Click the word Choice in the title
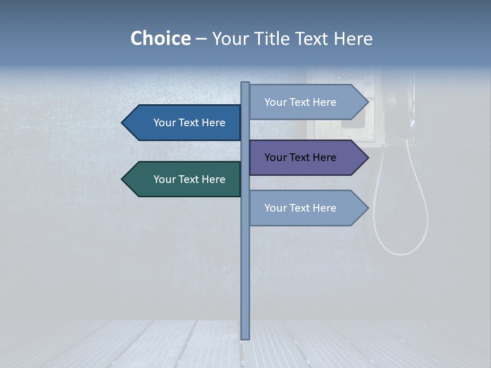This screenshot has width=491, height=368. [x=160, y=38]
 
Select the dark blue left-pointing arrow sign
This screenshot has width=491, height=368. [x=184, y=123]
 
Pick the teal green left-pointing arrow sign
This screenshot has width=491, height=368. [x=184, y=179]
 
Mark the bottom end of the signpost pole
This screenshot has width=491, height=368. [x=245, y=337]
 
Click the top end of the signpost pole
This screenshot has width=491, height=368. [x=245, y=84]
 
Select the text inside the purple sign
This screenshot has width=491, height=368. [x=300, y=157]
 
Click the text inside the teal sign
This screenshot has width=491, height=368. [x=189, y=179]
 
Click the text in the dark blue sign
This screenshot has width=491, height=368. [x=189, y=123]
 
